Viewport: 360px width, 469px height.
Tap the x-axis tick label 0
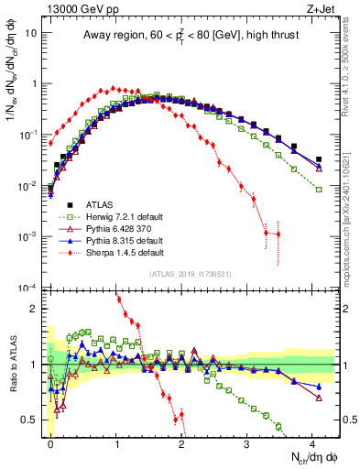[x=50, y=442]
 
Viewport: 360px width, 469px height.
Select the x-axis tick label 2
[x=181, y=442]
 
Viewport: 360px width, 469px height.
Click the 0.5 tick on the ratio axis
[x=36, y=420]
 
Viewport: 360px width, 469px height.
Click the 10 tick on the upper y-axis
[x=33, y=32]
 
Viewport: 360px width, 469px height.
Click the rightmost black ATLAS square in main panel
[x=319, y=159]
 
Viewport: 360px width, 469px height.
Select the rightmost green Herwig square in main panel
[x=319, y=190]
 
